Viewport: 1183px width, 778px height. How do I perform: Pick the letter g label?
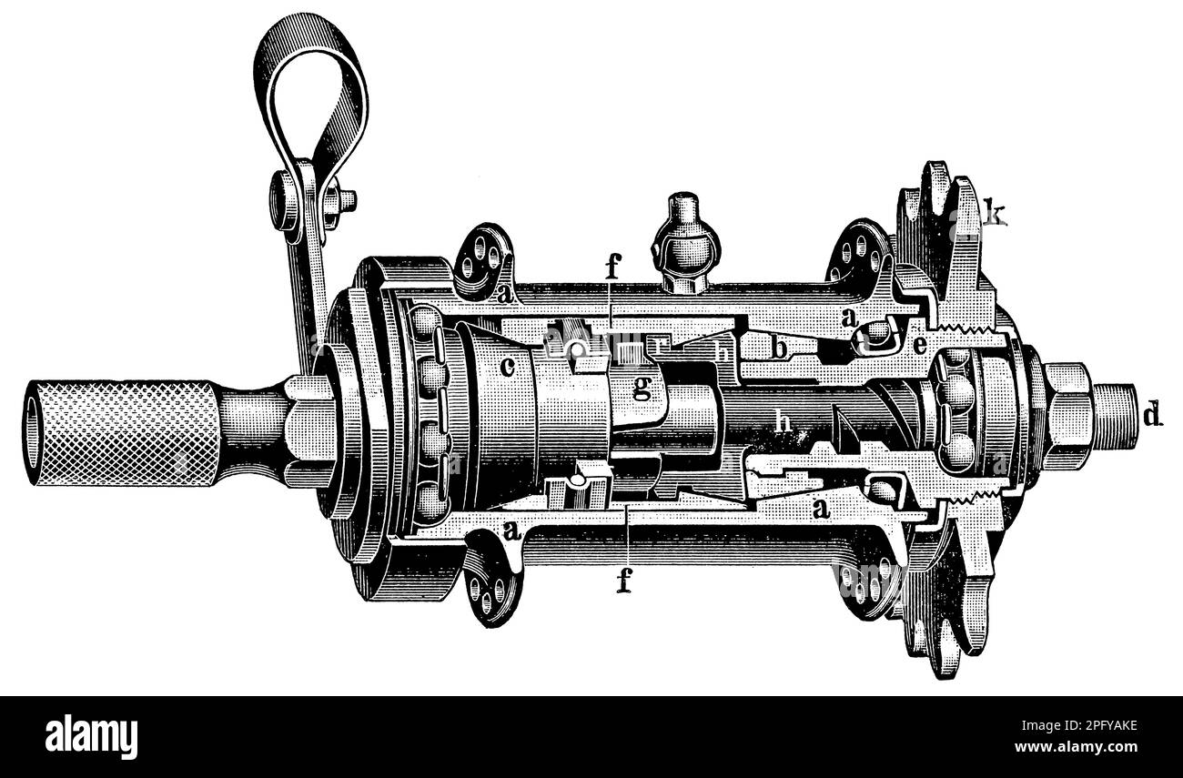[x=642, y=390]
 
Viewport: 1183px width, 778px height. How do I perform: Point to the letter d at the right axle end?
[x=1152, y=417]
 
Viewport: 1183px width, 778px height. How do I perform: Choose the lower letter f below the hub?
[x=623, y=580]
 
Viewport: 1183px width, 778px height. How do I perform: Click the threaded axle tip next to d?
[x=1115, y=417]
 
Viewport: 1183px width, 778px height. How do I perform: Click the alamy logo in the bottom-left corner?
[x=91, y=736]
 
